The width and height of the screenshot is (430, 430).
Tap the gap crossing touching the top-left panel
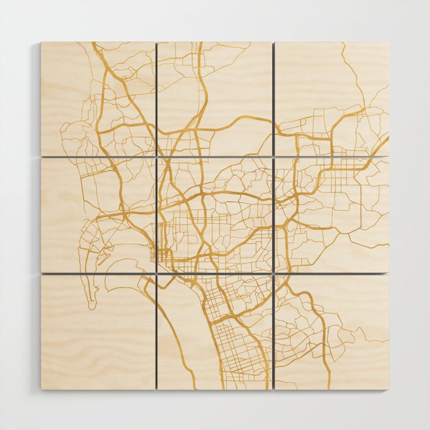click(x=156, y=157)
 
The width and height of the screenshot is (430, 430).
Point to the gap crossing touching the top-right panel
click(x=273, y=157)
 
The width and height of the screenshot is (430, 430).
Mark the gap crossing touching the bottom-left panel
click(x=156, y=273)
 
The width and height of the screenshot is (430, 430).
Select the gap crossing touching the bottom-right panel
click(x=273, y=273)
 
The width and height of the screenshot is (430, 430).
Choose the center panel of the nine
click(x=215, y=215)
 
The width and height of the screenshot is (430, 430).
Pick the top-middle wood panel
click(x=215, y=98)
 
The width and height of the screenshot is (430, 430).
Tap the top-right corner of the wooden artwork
click(x=389, y=42)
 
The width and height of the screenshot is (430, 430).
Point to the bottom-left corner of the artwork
click(x=41, y=389)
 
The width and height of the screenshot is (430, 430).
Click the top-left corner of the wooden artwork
click(x=41, y=42)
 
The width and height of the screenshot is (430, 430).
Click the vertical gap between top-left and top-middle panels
click(x=156, y=98)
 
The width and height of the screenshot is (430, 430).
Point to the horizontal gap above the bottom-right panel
click(x=332, y=273)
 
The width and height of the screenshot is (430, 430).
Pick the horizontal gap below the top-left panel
click(x=98, y=157)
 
